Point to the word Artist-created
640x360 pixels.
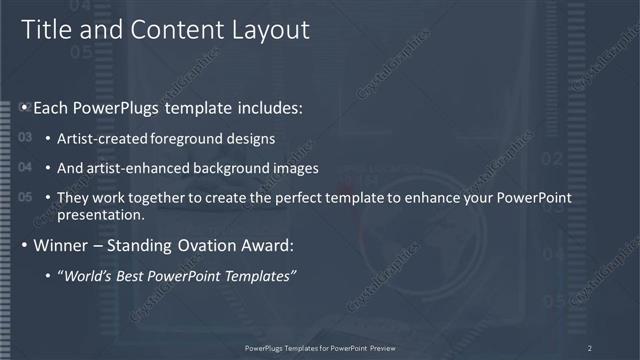pyautogui.click(x=98, y=139)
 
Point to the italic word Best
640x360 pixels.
pyautogui.click(x=136, y=276)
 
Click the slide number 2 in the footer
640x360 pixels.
pyautogui.click(x=589, y=347)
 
